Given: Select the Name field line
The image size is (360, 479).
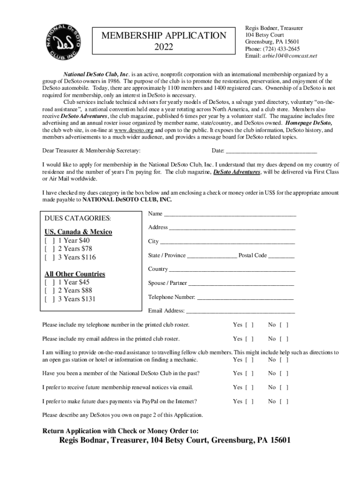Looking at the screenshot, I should (x=230, y=214).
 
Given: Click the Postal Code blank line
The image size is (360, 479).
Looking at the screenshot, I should (x=281, y=256).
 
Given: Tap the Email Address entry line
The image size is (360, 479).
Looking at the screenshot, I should (x=240, y=311).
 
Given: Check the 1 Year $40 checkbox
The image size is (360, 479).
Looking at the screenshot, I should (x=50, y=241).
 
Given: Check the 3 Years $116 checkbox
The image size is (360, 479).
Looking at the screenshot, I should (x=50, y=258).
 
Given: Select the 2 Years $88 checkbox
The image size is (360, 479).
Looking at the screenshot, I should (x=50, y=291).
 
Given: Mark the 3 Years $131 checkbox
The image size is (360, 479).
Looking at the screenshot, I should (x=50, y=299).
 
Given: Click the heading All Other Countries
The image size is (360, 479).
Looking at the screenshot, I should (x=75, y=274).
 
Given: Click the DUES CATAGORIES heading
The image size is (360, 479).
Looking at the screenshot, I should (x=78, y=218).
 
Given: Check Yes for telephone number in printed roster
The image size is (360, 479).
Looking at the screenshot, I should (x=250, y=325).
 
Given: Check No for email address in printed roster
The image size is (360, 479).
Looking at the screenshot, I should (x=284, y=339).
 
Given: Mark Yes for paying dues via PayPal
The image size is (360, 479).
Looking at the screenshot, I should (x=250, y=401).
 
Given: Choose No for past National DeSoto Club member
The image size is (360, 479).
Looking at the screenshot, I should (x=284, y=373).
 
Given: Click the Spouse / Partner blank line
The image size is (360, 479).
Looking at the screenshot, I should (x=241, y=283).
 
